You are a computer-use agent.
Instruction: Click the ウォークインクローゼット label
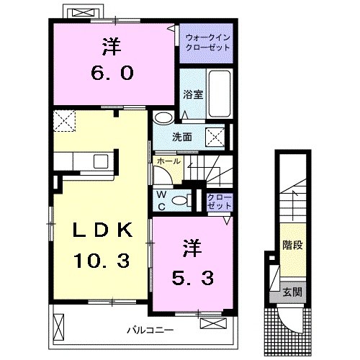pyautogui.click(x=207, y=41)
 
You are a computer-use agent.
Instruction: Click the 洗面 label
pyautogui.click(x=181, y=137)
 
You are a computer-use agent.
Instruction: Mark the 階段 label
pyautogui.click(x=292, y=245)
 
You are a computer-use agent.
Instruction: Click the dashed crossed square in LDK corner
pyautogui.click(x=66, y=121)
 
